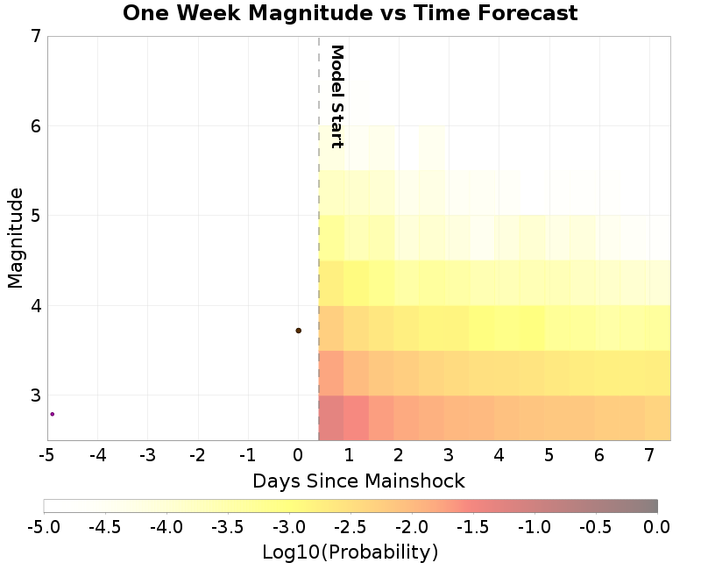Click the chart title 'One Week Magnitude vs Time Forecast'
tap(350, 13)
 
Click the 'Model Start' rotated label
tap(336, 96)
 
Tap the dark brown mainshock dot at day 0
tap(299, 331)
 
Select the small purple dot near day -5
tap(52, 414)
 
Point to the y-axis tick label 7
tap(36, 36)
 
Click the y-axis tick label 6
tap(36, 126)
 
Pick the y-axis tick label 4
tap(36, 306)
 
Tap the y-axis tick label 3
tap(36, 395)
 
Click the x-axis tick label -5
tap(47, 456)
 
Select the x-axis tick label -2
tap(197, 456)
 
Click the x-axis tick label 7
tap(649, 456)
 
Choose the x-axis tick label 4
tap(499, 456)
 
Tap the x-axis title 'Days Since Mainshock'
tap(358, 481)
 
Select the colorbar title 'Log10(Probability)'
tap(350, 552)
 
